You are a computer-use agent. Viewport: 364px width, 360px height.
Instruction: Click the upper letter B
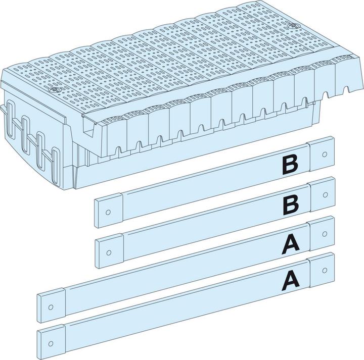pos(290,165)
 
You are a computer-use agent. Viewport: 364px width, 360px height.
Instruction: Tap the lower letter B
pos(291,204)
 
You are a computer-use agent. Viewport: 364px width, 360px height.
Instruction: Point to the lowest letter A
pos(290,281)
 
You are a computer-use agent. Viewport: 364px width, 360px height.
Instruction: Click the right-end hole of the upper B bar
pos(325,154)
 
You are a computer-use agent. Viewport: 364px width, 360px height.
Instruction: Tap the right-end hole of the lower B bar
pos(325,195)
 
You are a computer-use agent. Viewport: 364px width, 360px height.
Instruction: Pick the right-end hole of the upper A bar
pos(325,234)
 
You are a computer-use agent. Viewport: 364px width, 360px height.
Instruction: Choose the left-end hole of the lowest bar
pos(51,343)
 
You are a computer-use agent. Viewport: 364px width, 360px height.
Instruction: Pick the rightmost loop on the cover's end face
pos(55,165)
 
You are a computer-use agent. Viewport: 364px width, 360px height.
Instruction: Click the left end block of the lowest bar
pos(52,341)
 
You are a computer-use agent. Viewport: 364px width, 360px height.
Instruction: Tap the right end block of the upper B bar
pos(322,153)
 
